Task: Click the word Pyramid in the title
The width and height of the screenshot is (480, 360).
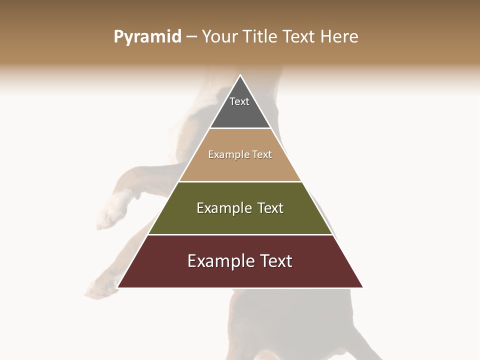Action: (x=147, y=36)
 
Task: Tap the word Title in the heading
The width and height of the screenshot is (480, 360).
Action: (x=262, y=36)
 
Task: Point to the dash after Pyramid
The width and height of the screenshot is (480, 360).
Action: (x=191, y=37)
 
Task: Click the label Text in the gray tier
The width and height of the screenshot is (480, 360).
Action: (x=239, y=101)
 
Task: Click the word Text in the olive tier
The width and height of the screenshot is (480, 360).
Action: (x=270, y=208)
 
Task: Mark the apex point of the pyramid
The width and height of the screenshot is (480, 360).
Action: (x=240, y=75)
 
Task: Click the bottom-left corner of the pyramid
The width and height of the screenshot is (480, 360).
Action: (x=117, y=287)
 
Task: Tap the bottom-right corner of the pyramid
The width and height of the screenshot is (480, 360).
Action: (x=362, y=287)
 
